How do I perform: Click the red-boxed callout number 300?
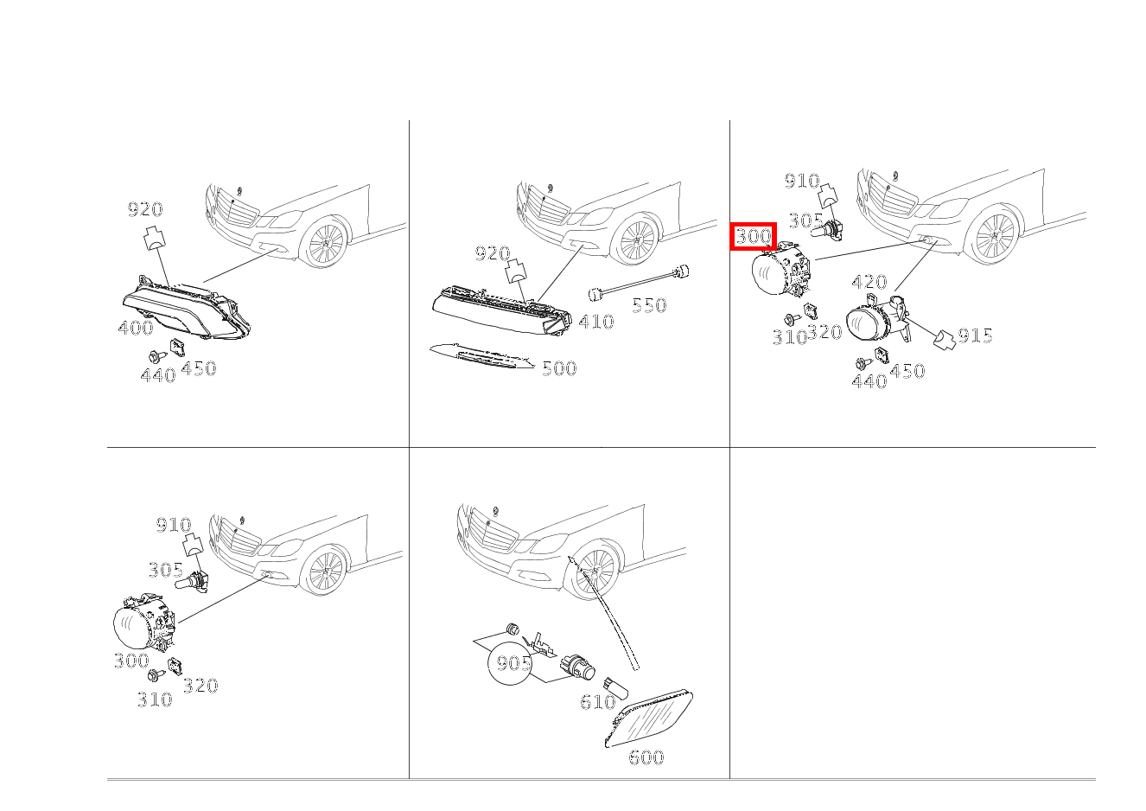tap(754, 236)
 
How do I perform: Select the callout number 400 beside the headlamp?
tap(136, 328)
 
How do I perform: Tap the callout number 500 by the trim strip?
tap(559, 369)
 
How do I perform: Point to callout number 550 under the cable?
tap(649, 305)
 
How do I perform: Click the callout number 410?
tap(595, 322)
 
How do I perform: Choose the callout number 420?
tap(869, 282)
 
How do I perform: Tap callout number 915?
tap(975, 335)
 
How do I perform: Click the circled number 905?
tap(513, 664)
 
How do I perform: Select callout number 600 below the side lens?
tap(646, 758)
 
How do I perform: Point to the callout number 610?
tap(597, 702)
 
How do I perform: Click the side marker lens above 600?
tap(650, 718)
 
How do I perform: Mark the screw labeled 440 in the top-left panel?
tap(155, 355)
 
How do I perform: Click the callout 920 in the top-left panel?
tap(145, 210)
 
